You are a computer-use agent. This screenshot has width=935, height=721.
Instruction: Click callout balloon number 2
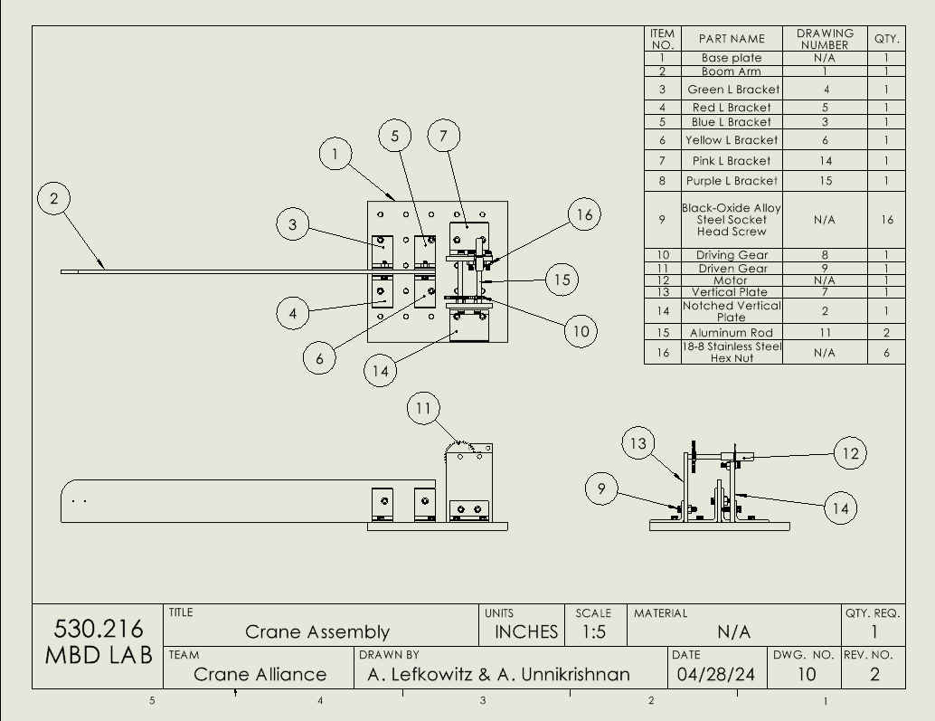[54, 198]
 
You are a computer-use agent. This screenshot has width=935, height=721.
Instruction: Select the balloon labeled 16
[585, 214]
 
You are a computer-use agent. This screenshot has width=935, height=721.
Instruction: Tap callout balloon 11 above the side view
[423, 409]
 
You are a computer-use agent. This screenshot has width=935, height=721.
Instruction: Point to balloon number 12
[849, 453]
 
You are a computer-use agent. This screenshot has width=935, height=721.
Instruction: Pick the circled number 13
[638, 443]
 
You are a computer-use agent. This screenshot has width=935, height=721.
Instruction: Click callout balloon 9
[601, 489]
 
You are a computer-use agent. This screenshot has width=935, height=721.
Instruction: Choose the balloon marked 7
[443, 137]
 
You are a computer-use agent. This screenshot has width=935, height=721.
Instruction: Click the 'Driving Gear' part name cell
[732, 255]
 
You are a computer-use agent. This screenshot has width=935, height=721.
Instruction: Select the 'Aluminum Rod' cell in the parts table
[732, 333]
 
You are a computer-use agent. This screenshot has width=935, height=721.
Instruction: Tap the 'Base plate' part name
[732, 58]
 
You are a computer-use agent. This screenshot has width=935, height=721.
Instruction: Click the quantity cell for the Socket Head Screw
[886, 220]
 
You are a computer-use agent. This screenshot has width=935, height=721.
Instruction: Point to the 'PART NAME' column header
[732, 39]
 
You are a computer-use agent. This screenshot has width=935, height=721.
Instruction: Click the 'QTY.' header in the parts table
[886, 39]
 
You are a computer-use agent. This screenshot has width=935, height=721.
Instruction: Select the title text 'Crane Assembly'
[317, 632]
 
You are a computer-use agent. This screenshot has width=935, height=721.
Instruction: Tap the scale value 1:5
[593, 631]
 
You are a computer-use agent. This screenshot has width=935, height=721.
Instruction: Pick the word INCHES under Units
[525, 631]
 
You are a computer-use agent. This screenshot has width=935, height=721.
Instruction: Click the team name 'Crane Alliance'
[260, 674]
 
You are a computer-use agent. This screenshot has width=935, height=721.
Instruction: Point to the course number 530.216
[99, 628]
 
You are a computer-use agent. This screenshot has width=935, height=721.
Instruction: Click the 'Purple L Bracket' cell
[732, 181]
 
